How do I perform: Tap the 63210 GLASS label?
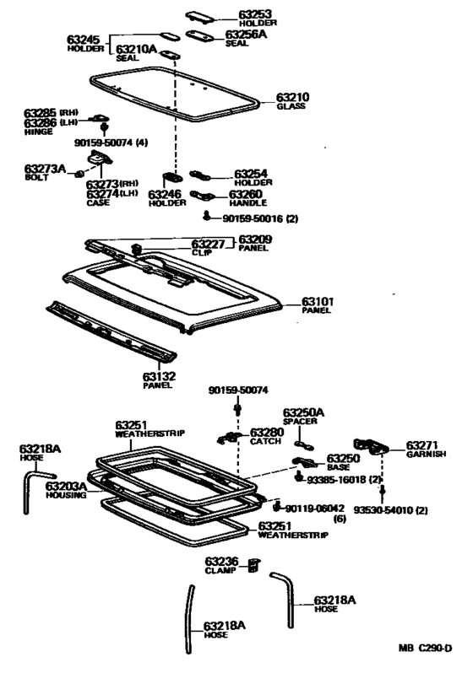click(292, 98)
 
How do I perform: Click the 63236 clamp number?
click(221, 561)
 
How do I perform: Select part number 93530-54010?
click(389, 511)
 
